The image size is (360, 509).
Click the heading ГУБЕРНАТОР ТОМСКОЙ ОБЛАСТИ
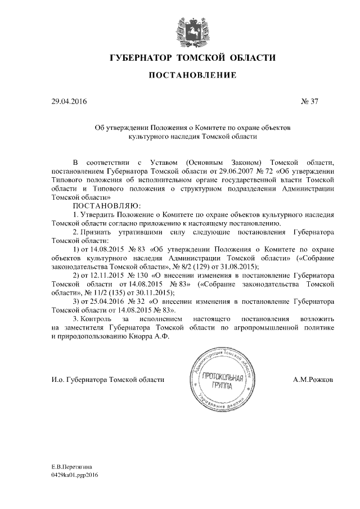192,58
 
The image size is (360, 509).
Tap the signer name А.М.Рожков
313,380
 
